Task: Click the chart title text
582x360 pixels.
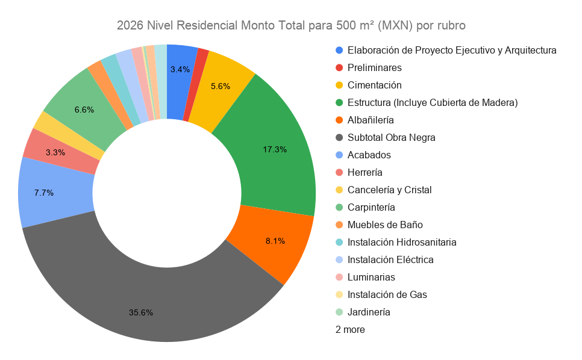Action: [x=290, y=26]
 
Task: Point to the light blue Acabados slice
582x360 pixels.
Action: [x=51, y=193]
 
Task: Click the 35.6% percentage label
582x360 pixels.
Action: [x=141, y=312]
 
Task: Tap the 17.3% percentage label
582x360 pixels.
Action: [x=275, y=149]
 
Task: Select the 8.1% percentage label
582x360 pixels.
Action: [x=275, y=241]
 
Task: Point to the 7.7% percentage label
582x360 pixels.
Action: [x=44, y=193]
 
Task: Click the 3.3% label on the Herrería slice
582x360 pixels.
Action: [x=55, y=152]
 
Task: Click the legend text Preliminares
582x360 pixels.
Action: [x=374, y=67]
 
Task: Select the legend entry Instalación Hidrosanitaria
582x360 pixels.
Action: [x=402, y=242]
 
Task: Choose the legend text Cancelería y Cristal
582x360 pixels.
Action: [x=389, y=190]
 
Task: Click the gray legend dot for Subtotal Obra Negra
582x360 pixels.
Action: [x=340, y=137]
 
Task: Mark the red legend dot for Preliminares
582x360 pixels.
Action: [x=340, y=67]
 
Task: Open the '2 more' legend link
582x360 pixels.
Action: [x=350, y=329]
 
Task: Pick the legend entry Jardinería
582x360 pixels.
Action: [x=369, y=312]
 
